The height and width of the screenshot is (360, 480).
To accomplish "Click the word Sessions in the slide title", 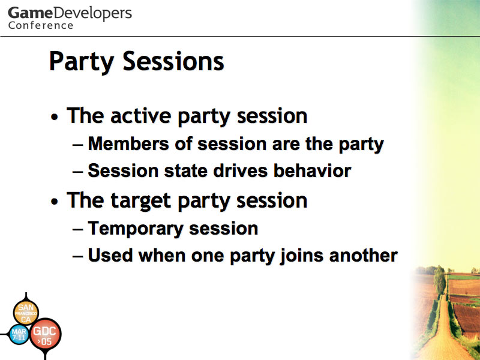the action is (x=173, y=61).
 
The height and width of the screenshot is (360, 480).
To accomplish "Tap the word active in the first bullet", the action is (x=140, y=116).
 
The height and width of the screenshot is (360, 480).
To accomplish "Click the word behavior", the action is (x=312, y=170).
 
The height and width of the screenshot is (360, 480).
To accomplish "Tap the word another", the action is (x=364, y=256).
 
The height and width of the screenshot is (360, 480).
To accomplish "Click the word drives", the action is (x=240, y=170).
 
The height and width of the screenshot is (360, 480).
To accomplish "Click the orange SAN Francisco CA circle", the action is (x=26, y=313).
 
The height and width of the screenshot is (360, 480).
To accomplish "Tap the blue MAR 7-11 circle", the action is (x=19, y=335).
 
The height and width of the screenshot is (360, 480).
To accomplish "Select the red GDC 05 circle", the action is (x=45, y=334).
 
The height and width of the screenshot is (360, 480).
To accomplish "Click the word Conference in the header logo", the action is (x=41, y=25).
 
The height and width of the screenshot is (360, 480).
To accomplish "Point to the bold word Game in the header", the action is (x=30, y=13).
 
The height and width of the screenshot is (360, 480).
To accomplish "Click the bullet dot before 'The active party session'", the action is (x=55, y=117).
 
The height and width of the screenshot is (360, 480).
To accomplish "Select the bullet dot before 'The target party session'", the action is (x=55, y=202).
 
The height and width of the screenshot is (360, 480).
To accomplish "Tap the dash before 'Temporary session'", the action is (x=78, y=229).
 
